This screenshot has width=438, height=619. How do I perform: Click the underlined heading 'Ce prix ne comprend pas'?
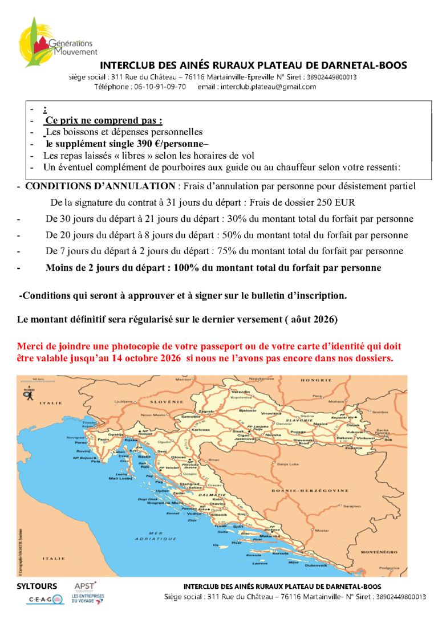pyautogui.click(x=103, y=120)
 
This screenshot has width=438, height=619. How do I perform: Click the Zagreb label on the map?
pyautogui.click(x=206, y=411)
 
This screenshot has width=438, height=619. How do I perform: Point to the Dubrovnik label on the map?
pyautogui.click(x=316, y=565)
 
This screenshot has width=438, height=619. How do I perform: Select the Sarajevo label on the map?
pyautogui.click(x=352, y=506)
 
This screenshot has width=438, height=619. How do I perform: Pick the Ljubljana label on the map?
pyautogui.click(x=123, y=401)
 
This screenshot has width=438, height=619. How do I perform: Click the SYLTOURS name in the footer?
pyautogui.click(x=37, y=586)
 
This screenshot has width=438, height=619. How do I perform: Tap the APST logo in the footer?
pyautogui.click(x=86, y=585)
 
